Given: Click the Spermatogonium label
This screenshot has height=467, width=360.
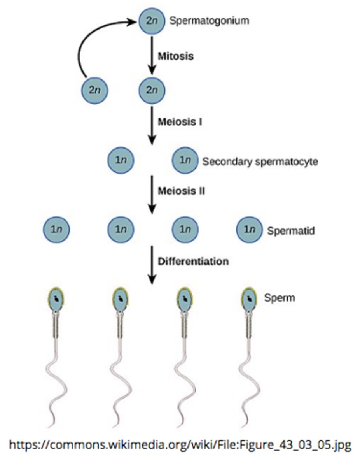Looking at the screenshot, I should click(x=208, y=21).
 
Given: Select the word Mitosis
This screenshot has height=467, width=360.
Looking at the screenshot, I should click(x=175, y=56).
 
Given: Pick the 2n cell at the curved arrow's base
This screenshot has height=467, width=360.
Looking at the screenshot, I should click(x=94, y=90).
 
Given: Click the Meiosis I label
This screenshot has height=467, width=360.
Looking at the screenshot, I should click(x=180, y=122).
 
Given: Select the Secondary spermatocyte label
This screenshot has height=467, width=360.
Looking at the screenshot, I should click(x=260, y=161).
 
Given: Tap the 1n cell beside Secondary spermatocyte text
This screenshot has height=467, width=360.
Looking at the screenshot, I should click(x=185, y=160).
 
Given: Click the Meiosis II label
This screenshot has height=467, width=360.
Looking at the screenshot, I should click(x=182, y=191).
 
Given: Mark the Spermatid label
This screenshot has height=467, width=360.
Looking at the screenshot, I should click(x=291, y=231).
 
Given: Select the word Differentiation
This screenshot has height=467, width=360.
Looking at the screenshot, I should click(x=193, y=261).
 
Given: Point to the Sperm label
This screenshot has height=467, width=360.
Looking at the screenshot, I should click(x=280, y=298).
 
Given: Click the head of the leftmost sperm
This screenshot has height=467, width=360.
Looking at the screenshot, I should click(x=57, y=300).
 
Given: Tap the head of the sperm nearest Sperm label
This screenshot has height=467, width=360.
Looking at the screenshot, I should click(x=249, y=300).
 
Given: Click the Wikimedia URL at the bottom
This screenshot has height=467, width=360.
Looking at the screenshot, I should click(x=180, y=444).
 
